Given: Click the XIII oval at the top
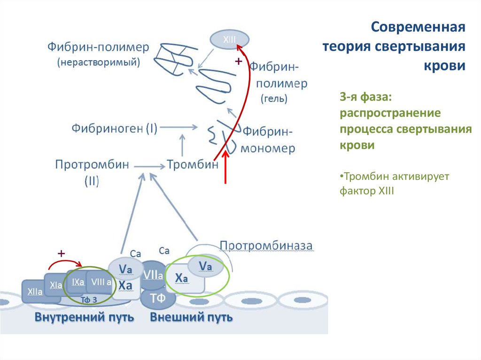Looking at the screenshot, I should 229,39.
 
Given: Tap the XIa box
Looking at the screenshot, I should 55,284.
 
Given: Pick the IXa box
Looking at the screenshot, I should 78,282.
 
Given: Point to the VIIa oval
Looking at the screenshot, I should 153,275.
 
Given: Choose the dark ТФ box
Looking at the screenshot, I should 156,298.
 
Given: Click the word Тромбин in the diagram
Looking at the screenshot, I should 193,165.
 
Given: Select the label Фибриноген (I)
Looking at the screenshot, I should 114,128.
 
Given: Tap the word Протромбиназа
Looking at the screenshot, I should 266,245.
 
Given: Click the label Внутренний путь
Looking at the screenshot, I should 84,317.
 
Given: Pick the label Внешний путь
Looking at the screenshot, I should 191,317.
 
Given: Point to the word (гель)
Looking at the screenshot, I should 274,99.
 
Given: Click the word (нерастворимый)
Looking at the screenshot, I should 99,62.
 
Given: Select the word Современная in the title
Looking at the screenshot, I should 418,27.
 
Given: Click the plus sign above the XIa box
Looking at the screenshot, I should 61,253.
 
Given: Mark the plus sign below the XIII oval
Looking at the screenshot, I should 238,61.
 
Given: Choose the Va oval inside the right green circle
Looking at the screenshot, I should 205,266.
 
